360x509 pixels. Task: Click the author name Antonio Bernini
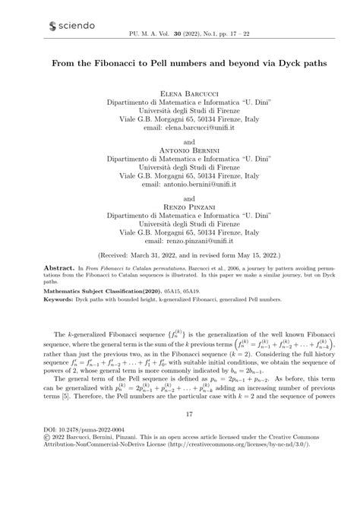180,150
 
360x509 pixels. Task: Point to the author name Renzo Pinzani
180,206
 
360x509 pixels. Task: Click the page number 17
180,456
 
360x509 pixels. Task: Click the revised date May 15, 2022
250,256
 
